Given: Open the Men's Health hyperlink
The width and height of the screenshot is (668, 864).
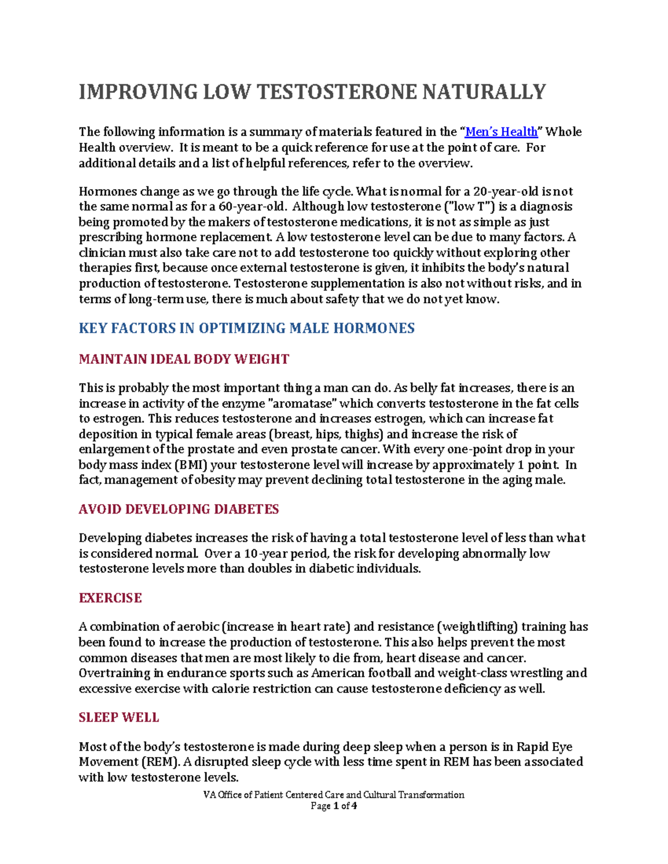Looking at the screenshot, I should coord(501,132).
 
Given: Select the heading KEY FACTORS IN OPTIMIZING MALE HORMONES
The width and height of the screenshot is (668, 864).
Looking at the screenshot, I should coord(247,328).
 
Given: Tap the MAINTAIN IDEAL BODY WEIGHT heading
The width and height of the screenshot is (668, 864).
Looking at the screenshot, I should coord(184,359).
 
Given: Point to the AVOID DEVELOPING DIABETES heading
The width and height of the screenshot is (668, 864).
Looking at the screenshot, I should coord(179,510).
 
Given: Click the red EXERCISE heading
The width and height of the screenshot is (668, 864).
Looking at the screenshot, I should coord(110,598).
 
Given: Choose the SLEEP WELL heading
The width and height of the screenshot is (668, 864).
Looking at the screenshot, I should coord(119,718).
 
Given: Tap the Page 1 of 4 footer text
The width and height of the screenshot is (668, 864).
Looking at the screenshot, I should coord(333,806).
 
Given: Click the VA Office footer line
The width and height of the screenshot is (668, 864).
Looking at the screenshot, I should coord(333,795).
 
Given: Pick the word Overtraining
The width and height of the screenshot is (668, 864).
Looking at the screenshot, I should coord(113,673).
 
